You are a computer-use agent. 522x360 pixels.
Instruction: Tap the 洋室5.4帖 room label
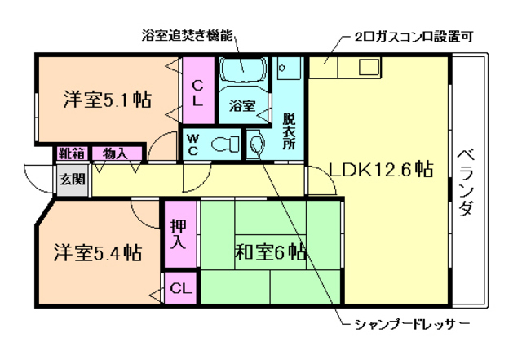point(98,251)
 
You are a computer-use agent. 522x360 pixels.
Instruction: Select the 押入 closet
point(179,233)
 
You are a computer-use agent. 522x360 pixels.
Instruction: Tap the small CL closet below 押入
point(181,287)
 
